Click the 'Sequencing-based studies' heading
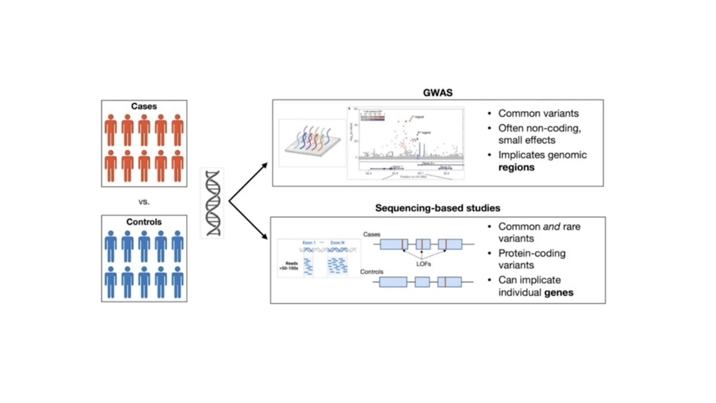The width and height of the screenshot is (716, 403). (437, 208)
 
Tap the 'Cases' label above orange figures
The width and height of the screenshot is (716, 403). (144, 106)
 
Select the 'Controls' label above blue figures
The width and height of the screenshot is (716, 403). (144, 222)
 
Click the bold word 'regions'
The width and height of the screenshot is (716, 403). (518, 168)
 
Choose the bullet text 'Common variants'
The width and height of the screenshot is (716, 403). (538, 113)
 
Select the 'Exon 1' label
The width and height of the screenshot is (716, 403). (308, 243)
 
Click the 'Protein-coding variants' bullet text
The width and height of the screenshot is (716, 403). (532, 260)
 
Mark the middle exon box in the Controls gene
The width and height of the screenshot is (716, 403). (423, 282)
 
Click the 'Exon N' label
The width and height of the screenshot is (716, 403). (338, 243)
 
